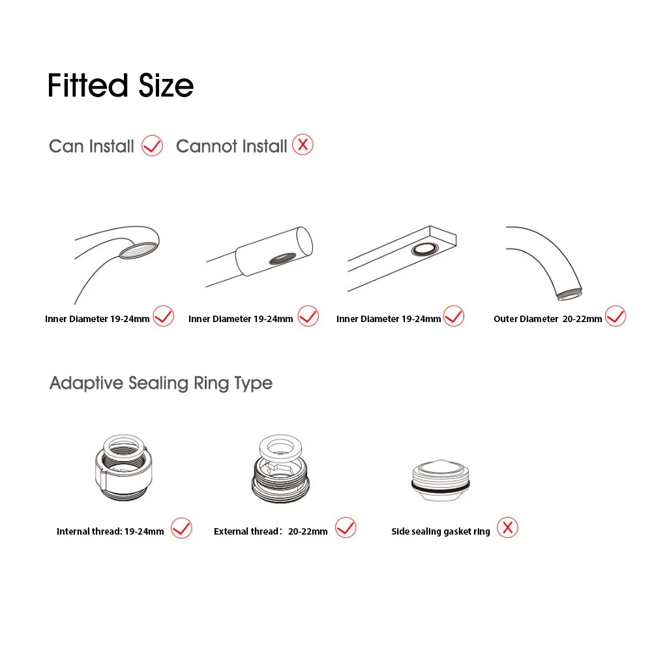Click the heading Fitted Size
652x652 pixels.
pyautogui.click(x=121, y=85)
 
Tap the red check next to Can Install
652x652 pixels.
pyautogui.click(x=152, y=145)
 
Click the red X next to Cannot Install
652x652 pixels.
pyautogui.click(x=303, y=145)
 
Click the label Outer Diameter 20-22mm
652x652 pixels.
pyautogui.click(x=548, y=319)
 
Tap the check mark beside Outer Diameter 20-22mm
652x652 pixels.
pyautogui.click(x=615, y=316)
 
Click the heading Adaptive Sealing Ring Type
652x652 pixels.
pyautogui.click(x=161, y=383)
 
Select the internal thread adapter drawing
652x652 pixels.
pyautogui.click(x=123, y=467)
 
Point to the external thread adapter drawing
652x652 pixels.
pyautogui.click(x=280, y=469)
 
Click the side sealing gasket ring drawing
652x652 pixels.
pyautogui.click(x=441, y=481)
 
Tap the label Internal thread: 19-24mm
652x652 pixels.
pyautogui.click(x=110, y=531)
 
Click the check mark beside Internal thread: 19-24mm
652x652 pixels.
pyautogui.click(x=182, y=528)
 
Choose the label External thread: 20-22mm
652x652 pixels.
pyautogui.click(x=271, y=531)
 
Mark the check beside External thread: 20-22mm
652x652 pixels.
pyautogui.click(x=346, y=527)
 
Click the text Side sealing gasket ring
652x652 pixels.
pyautogui.click(x=441, y=531)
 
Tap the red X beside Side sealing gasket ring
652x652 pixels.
pyautogui.click(x=508, y=527)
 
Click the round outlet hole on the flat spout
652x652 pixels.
pyautogui.click(x=425, y=250)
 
